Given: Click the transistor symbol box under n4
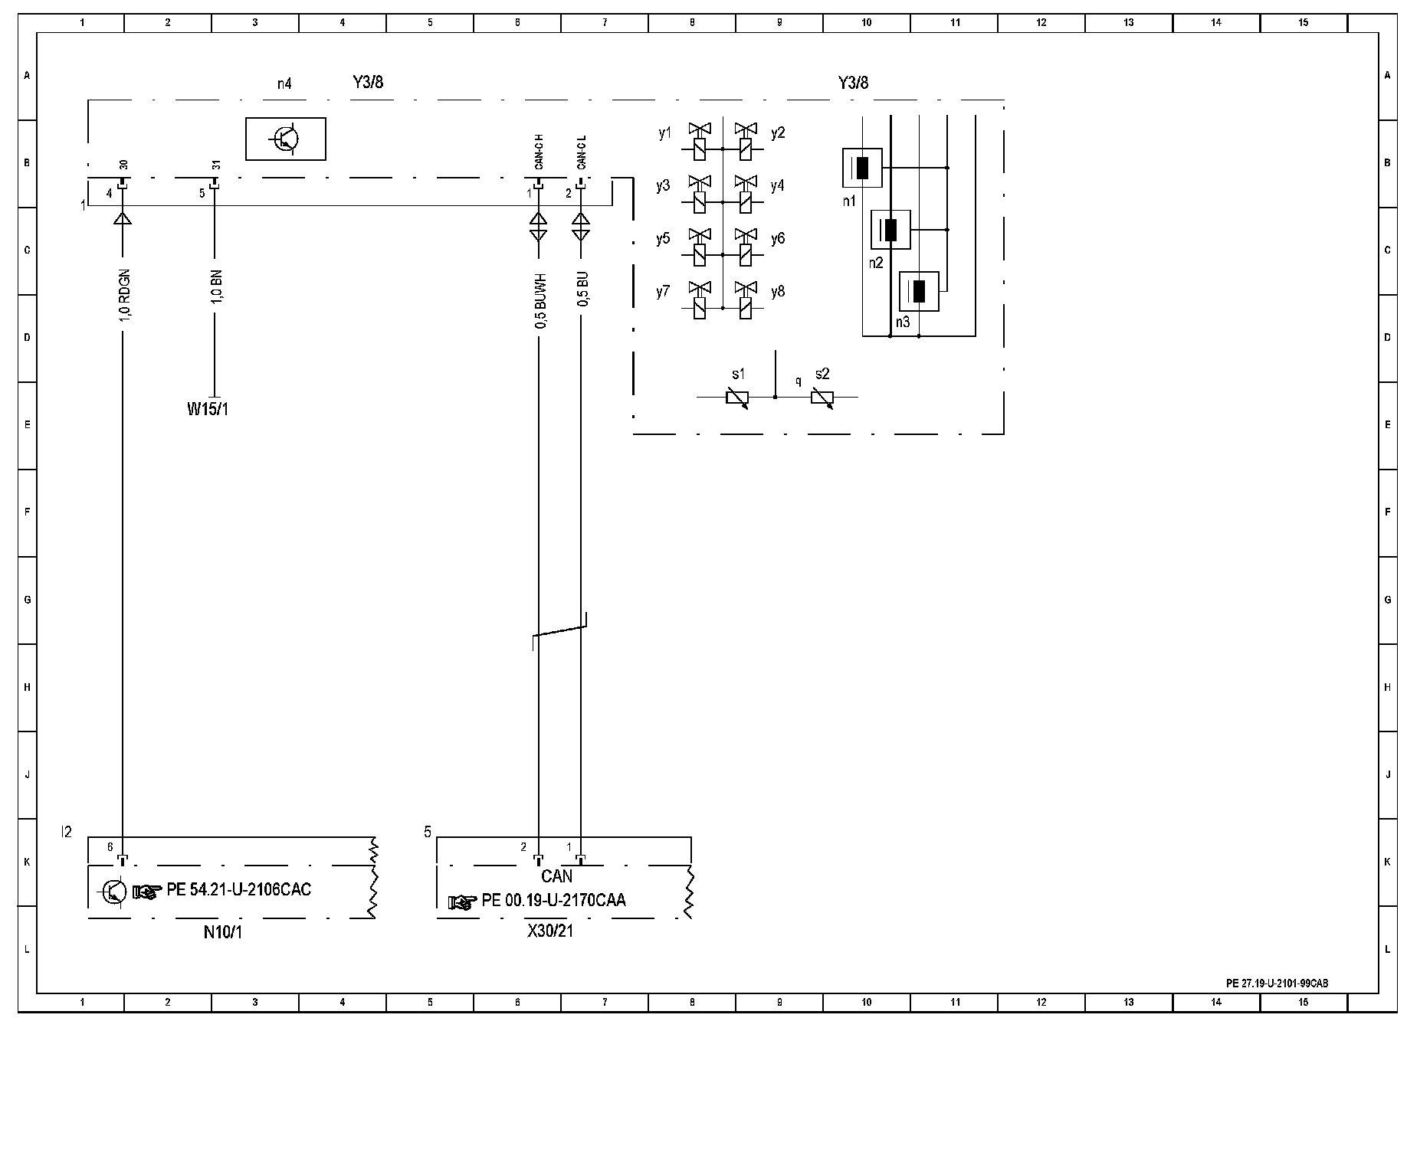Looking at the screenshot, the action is click(x=285, y=139).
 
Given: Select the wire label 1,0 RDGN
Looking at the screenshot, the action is click(x=125, y=295).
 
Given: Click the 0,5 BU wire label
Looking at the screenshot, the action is click(x=582, y=290).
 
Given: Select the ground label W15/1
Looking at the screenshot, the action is click(x=208, y=409).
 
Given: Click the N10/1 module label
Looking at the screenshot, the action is click(x=223, y=932).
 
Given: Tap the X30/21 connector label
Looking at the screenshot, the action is click(x=550, y=931).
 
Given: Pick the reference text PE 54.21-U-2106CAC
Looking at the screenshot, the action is click(x=238, y=890).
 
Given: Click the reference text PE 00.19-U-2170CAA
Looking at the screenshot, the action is click(x=553, y=901).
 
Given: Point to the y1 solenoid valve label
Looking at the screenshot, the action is click(x=664, y=133).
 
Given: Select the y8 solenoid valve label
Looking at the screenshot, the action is click(x=778, y=292).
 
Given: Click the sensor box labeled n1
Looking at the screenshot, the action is click(x=862, y=168).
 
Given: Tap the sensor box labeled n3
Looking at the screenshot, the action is click(x=919, y=291).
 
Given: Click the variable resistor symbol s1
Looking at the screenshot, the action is click(x=737, y=398).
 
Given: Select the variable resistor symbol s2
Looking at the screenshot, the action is click(x=822, y=398).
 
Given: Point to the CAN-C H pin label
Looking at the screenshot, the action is click(x=540, y=152).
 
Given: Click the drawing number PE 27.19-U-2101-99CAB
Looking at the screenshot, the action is click(x=1277, y=983).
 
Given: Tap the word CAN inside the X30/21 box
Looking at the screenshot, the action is click(x=557, y=876).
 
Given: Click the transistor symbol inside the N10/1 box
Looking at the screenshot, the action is click(x=113, y=891).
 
